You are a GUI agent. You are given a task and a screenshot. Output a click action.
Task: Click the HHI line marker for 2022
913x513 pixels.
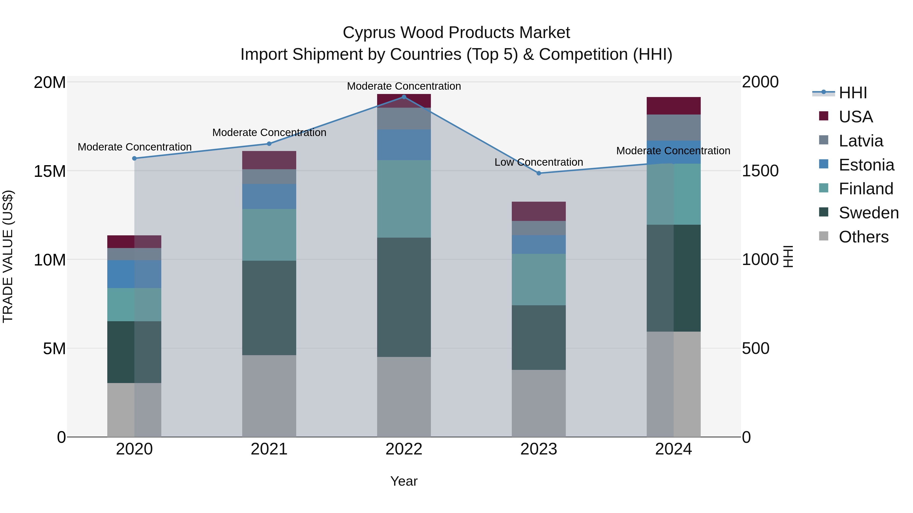click(404, 97)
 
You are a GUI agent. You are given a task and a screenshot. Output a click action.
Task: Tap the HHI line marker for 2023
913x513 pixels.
click(539, 173)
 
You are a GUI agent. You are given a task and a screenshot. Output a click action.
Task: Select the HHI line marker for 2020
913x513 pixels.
click(134, 158)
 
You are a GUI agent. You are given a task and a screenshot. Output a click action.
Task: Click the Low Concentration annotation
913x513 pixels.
click(538, 162)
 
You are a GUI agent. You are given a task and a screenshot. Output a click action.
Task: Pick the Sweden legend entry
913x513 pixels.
click(868, 213)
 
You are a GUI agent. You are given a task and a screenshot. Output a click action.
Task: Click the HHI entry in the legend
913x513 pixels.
click(852, 93)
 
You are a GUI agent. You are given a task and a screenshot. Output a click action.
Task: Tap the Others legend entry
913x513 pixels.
click(863, 237)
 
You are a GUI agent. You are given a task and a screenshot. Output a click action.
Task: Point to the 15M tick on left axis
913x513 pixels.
click(50, 171)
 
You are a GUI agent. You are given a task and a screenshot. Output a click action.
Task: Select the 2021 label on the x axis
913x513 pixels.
click(269, 449)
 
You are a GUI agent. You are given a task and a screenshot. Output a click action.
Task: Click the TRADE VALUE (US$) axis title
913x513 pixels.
click(8, 256)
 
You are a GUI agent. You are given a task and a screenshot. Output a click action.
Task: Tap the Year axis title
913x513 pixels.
click(404, 481)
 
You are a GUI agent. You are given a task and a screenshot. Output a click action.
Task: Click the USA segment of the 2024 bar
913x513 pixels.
click(673, 105)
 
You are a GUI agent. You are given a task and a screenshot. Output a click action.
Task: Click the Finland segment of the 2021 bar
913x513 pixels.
click(269, 235)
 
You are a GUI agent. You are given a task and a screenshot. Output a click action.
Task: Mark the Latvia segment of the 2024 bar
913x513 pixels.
click(673, 127)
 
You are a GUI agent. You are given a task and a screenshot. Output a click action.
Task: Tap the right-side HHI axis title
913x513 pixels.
click(787, 256)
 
